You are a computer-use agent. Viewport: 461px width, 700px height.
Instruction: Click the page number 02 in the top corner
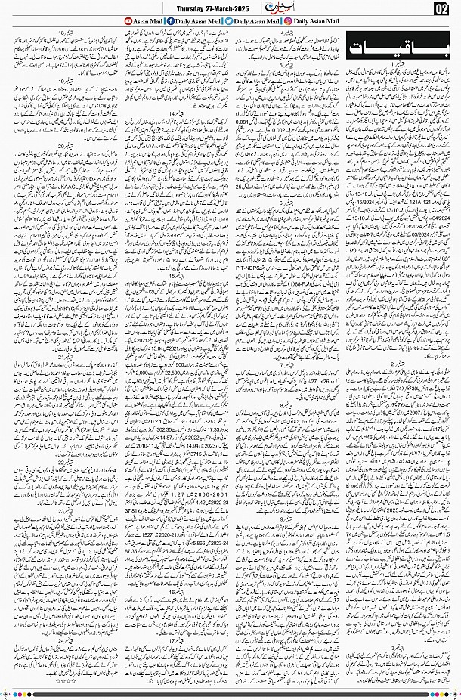point(442,8)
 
